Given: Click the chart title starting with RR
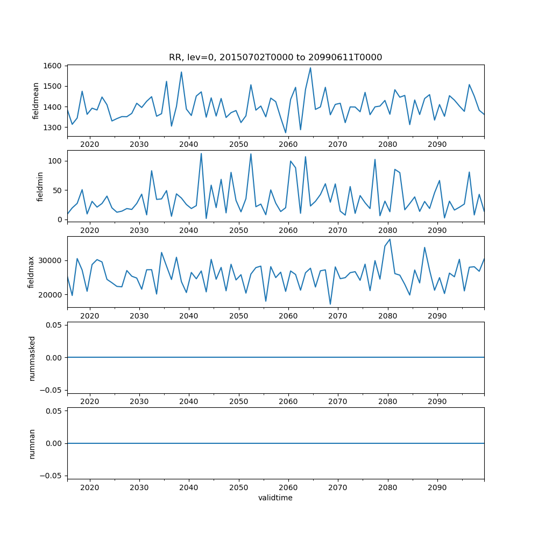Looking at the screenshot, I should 275,58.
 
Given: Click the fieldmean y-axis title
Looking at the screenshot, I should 36,101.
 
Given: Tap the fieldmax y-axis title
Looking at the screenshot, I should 32,272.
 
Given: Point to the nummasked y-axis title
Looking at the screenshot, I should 32,358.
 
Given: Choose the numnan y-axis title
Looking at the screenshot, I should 32,443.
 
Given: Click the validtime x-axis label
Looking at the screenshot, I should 275,498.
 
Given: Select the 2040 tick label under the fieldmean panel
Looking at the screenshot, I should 189,145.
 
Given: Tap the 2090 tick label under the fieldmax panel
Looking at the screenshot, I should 437,316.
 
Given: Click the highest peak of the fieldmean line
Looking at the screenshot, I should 310,68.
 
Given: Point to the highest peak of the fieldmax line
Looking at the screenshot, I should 390,239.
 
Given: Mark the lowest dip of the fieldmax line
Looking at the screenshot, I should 330,305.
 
